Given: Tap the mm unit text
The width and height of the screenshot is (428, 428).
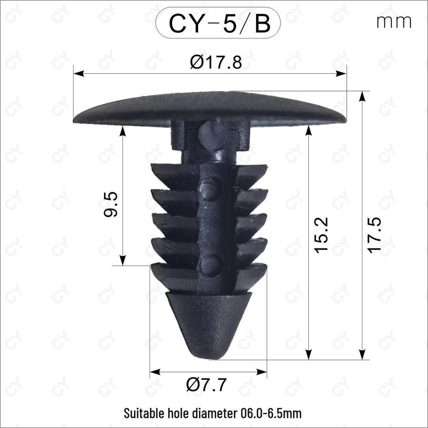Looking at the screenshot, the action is coord(394,22).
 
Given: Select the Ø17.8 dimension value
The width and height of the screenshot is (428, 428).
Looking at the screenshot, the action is coord(216,62).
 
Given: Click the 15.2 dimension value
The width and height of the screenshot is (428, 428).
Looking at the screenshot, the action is coord(321,235).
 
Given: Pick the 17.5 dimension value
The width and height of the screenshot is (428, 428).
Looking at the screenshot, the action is coord(374,235).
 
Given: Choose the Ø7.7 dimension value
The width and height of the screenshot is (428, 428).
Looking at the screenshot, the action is coord(206,385).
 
